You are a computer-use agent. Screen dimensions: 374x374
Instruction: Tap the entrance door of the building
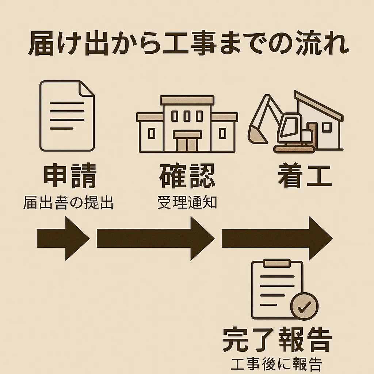(x=187, y=143)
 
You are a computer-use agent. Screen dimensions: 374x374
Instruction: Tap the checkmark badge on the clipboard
(x=304, y=306)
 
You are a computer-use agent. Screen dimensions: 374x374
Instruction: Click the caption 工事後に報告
(x=276, y=365)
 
